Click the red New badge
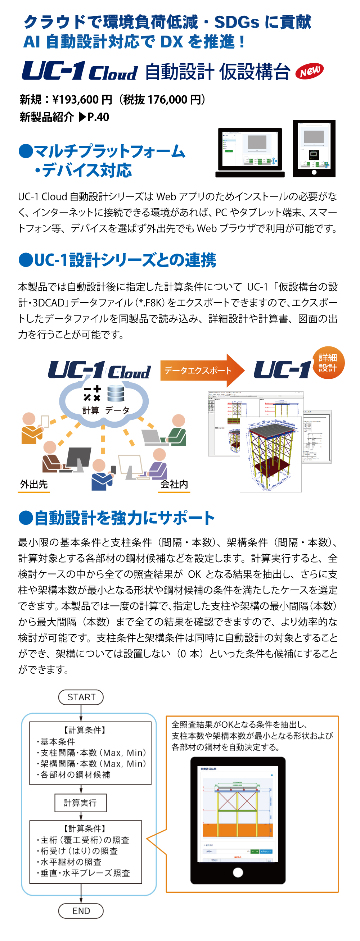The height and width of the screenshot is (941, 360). pos(309,71)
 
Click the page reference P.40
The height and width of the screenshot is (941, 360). pos(98,117)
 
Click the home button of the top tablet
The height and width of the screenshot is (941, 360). pos(314,172)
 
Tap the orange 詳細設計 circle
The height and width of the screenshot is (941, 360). pos(328,363)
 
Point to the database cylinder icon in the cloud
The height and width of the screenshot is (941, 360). pos(116,394)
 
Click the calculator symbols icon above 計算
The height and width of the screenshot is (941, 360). pos(92,394)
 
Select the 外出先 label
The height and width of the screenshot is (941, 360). pos(33,484)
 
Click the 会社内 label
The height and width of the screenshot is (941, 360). pos(174,484)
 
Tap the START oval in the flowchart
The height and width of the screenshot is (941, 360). pos(81,697)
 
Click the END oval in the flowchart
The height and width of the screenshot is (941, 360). pos(81,911)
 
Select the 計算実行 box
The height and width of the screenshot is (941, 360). pos(80,803)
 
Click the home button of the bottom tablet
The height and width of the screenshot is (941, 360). pos(238,872)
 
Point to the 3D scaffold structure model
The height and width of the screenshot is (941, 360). pos(270,453)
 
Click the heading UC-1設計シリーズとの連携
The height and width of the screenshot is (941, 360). pos(124,260)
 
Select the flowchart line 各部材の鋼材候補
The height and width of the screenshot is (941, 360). pos(75,774)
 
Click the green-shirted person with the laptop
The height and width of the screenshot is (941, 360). pos(175,431)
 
